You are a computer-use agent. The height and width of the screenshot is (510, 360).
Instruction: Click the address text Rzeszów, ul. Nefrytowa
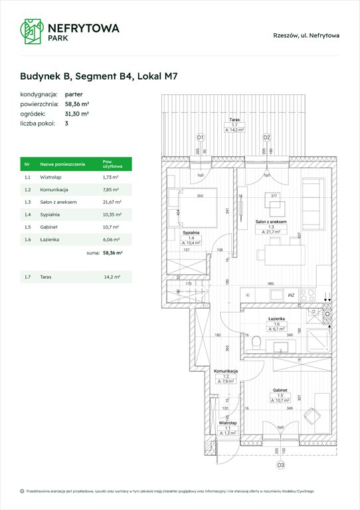(x=306, y=35)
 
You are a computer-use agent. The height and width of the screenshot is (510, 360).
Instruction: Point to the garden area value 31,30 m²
(x=77, y=114)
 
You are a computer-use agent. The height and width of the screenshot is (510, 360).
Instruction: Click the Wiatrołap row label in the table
(x=51, y=177)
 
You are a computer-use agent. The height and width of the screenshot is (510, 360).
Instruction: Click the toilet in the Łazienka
(x=256, y=342)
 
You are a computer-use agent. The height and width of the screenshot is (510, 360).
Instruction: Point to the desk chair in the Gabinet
(x=311, y=415)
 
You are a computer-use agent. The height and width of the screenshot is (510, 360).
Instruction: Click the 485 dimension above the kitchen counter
(x=272, y=284)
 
